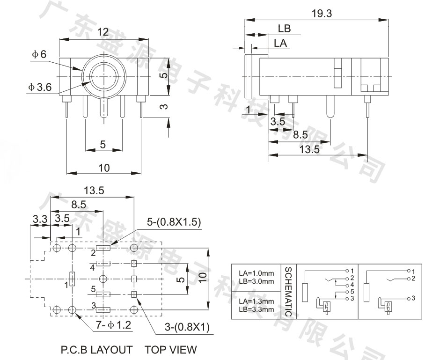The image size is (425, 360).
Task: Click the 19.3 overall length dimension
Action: pyautogui.click(x=322, y=13)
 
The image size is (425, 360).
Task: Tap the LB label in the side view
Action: pyautogui.click(x=284, y=29)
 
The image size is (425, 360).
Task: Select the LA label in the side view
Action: pyautogui.click(x=280, y=43)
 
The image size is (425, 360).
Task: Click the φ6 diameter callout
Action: pyautogui.click(x=39, y=54)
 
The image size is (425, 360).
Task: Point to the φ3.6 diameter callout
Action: pyautogui.click(x=40, y=87)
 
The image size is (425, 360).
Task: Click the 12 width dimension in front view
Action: pyautogui.click(x=103, y=32)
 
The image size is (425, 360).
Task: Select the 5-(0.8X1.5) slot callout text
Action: pyautogui.click(x=174, y=222)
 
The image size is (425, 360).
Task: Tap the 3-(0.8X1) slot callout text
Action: pyautogui.click(x=187, y=327)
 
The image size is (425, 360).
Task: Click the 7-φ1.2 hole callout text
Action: pyautogui.click(x=114, y=325)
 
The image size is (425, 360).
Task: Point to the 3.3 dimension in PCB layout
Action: pyautogui.click(x=40, y=219)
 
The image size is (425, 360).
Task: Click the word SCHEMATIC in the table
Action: pyautogui.click(x=288, y=292)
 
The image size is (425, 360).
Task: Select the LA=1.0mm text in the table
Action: pyautogui.click(x=256, y=273)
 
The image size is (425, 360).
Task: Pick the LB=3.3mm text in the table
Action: pyautogui.click(x=256, y=309)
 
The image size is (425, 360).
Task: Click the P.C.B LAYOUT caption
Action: pyautogui.click(x=97, y=350)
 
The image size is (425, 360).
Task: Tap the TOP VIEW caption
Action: pyautogui.click(x=171, y=350)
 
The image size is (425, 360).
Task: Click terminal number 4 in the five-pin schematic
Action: pyautogui.click(x=352, y=285)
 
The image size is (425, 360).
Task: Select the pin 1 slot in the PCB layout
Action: pyautogui.click(x=72, y=279)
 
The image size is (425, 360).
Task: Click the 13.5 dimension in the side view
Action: pyautogui.click(x=309, y=149)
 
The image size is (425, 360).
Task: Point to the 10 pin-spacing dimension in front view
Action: pyautogui.click(x=104, y=168)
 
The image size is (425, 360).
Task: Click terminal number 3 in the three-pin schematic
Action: pyautogui.click(x=413, y=298)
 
